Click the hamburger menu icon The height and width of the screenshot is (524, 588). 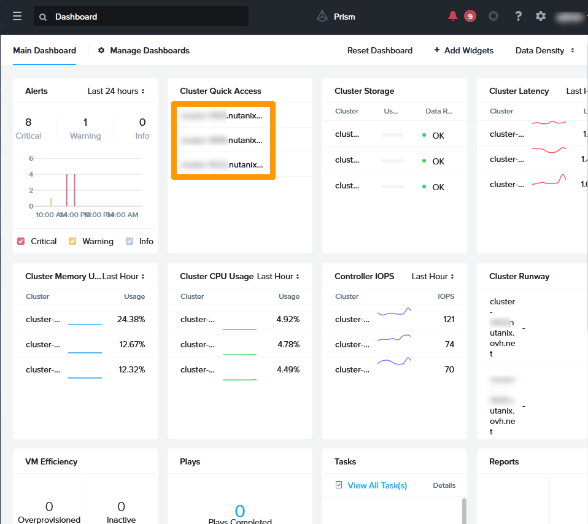click(17, 17)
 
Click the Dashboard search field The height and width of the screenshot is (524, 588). click(141, 17)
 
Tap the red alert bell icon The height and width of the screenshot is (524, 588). click(453, 17)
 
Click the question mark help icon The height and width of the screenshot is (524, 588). click(518, 17)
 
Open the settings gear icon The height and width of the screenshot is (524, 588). click(541, 17)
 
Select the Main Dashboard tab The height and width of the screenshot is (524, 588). click(45, 50)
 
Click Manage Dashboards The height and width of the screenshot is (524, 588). click(144, 50)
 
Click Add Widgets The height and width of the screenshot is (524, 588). click(463, 50)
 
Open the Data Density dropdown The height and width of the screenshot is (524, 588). click(544, 50)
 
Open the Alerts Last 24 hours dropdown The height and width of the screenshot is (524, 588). click(116, 91)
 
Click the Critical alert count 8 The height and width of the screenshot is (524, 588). click(28, 122)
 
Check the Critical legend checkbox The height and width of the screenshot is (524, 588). click(21, 241)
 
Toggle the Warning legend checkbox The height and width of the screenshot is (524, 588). click(72, 241)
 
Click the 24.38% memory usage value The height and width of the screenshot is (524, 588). click(131, 319)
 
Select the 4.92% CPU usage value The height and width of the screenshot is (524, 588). click(288, 319)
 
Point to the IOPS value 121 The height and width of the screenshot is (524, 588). click(449, 319)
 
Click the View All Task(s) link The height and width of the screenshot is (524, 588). click(377, 485)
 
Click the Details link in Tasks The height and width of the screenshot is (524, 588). click(444, 485)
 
